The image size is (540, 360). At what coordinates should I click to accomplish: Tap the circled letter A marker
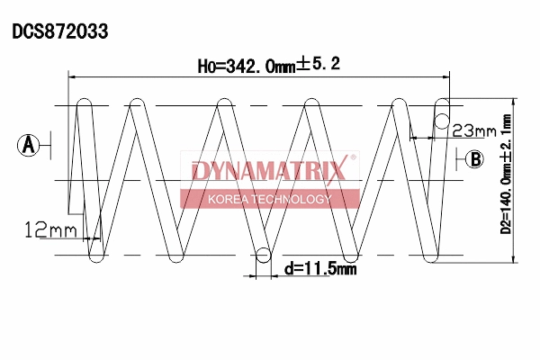click(30, 143)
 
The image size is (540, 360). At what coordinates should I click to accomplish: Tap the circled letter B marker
click(474, 160)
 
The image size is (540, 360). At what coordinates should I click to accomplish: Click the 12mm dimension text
click(51, 231)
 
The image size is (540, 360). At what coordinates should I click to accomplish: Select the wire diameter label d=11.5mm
click(319, 268)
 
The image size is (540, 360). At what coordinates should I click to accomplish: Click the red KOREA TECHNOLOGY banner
click(270, 199)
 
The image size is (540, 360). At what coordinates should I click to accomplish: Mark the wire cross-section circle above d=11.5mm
click(263, 256)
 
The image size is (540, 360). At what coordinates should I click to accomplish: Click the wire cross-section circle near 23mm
click(442, 121)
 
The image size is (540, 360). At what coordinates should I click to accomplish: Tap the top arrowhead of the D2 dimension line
click(515, 102)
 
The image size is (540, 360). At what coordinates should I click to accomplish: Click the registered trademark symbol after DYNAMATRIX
click(354, 158)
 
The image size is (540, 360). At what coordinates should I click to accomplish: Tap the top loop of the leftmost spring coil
click(86, 102)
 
